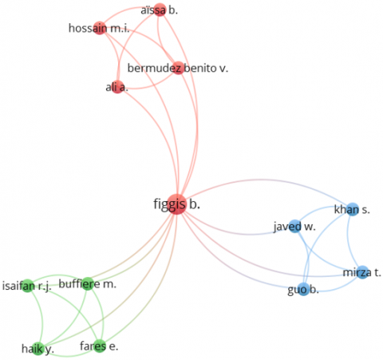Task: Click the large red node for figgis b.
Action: click(176, 204)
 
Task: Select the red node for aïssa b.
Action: click(160, 10)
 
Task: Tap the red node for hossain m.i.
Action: click(100, 28)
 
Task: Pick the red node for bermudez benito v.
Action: click(178, 68)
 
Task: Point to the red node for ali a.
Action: click(117, 87)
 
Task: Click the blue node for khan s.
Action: click(353, 209)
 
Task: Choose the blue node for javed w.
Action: click(295, 227)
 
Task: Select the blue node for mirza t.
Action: click(362, 272)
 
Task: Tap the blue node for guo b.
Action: click(303, 289)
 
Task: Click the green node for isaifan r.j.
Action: click(28, 286)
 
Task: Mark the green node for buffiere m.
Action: click(88, 284)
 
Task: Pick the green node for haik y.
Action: click(38, 348)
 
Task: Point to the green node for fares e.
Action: click(100, 346)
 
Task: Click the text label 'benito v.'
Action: click(206, 69)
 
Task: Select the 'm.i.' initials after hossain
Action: click(120, 28)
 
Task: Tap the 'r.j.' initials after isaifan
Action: click(44, 287)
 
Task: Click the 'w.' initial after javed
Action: click(310, 227)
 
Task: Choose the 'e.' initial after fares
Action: click(113, 346)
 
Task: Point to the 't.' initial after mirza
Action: click(377, 273)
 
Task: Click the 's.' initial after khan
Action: click(365, 210)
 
